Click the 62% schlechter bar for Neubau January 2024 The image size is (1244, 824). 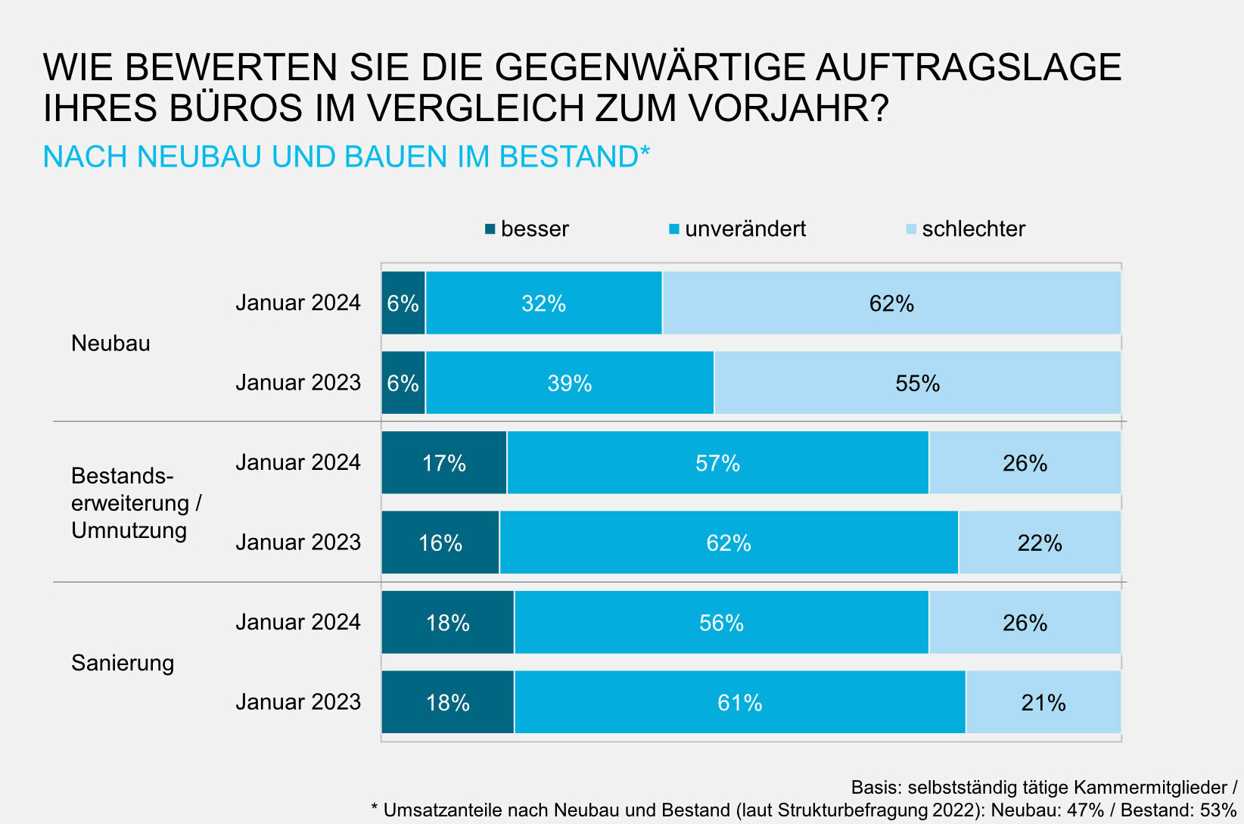(x=891, y=303)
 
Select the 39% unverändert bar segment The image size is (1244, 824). (x=569, y=383)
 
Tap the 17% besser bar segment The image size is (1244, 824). (x=443, y=463)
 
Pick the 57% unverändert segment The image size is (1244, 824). (x=717, y=463)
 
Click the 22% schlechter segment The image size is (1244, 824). (x=1039, y=543)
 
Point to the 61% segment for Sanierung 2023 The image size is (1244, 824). (x=739, y=702)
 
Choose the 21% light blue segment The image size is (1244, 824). (x=1043, y=702)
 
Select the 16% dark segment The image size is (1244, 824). (x=440, y=543)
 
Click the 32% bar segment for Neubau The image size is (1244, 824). (x=543, y=303)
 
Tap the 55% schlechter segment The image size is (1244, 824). (x=917, y=383)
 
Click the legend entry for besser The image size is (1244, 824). (x=527, y=229)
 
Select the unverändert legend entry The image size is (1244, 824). (x=738, y=229)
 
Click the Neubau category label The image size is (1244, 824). (x=110, y=344)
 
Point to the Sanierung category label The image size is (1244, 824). (x=123, y=663)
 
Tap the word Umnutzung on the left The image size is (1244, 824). (x=129, y=530)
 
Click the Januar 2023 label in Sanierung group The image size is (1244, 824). (x=298, y=702)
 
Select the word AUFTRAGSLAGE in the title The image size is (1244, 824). (x=969, y=67)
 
